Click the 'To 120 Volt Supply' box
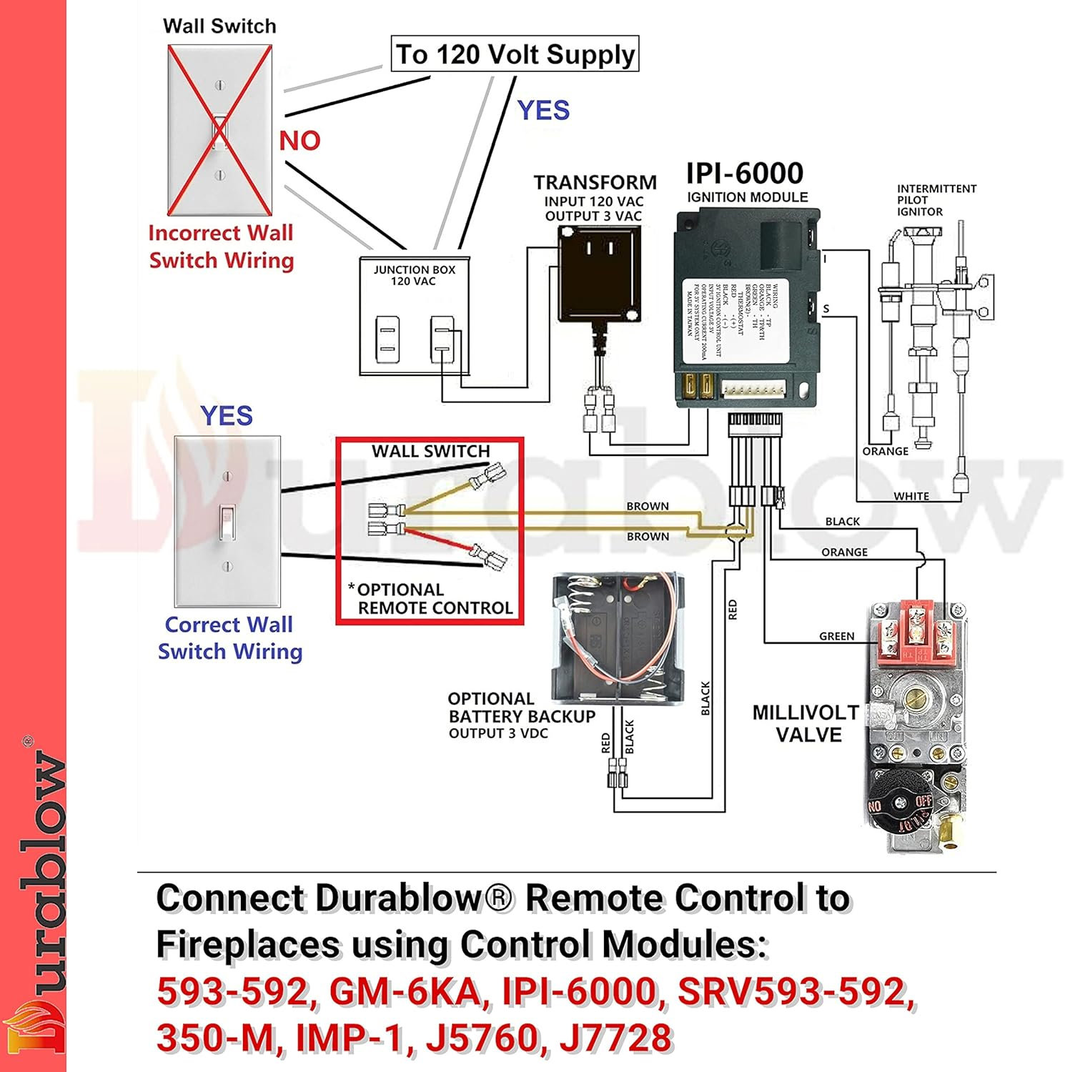515,54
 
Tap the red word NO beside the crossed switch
299,140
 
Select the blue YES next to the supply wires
543,110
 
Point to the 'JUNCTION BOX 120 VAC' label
414,275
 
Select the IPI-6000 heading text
744,174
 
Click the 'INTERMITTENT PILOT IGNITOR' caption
936,200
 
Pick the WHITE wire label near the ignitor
911,496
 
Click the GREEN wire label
836,636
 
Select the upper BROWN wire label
648,506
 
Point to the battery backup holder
618,636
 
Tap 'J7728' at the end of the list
615,1038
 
